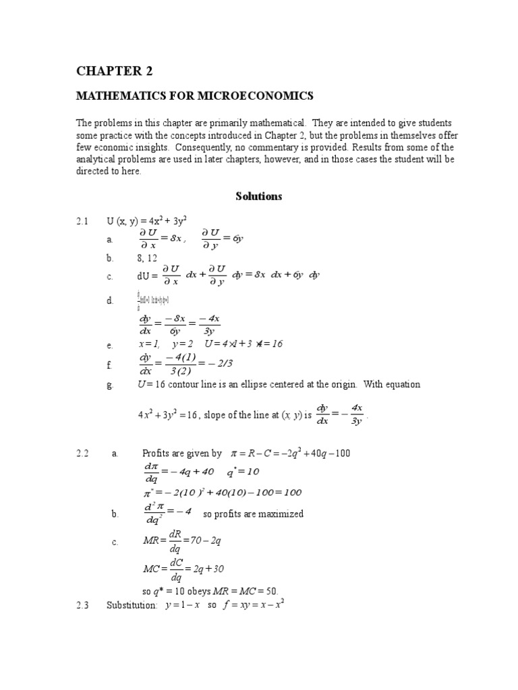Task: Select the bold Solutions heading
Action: click(x=258, y=197)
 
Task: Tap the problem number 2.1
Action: click(x=82, y=221)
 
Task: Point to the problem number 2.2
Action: click(x=82, y=453)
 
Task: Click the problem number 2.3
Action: click(x=82, y=605)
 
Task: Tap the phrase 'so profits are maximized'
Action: click(x=253, y=514)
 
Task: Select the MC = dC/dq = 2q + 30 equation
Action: click(x=183, y=569)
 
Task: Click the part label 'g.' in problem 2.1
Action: click(x=110, y=385)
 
